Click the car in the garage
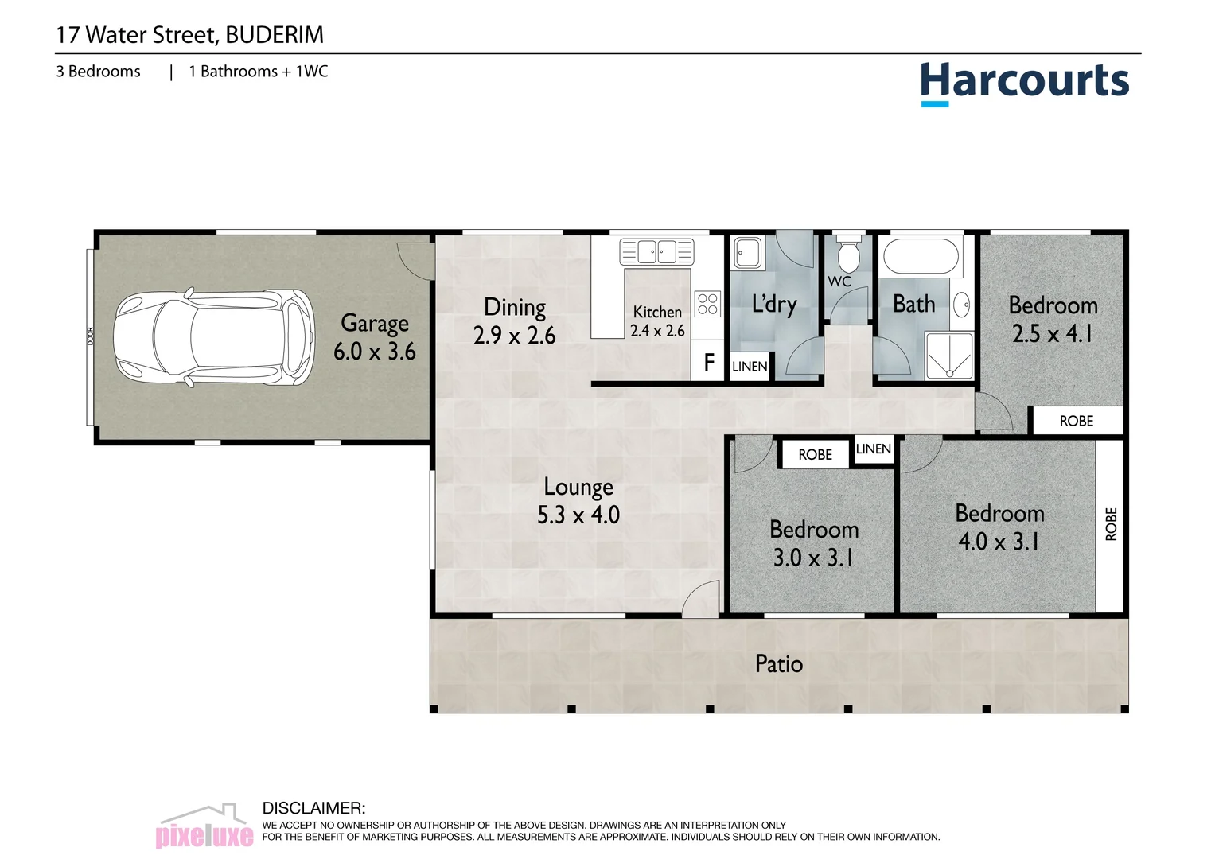(213, 338)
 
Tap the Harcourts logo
(1024, 82)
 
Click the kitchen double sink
(656, 251)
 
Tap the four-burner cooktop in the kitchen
(707, 304)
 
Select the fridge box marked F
(708, 363)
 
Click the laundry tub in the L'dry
(747, 253)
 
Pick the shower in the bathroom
(949, 356)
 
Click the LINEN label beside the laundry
(750, 367)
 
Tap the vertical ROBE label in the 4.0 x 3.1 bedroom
(1111, 524)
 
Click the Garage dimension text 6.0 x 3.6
(374, 352)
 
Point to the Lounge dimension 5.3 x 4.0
(578, 515)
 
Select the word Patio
(778, 664)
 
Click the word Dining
(515, 308)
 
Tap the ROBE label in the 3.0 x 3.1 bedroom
(815, 455)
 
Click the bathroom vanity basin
(961, 304)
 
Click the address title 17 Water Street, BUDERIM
(189, 35)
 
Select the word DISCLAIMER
(313, 808)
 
